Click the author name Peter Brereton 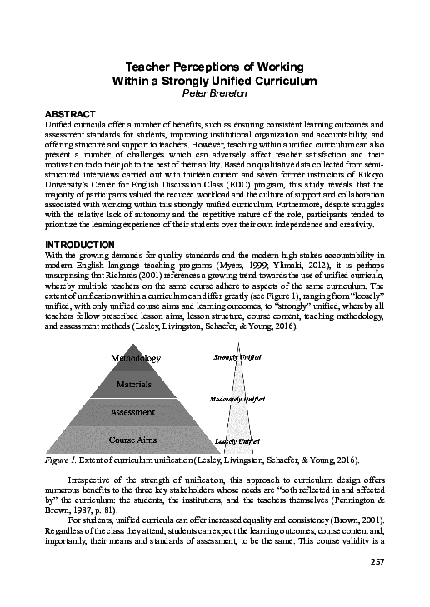tap(216, 94)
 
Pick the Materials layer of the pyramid tap(133, 385)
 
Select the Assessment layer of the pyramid tap(133, 411)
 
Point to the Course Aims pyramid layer tap(133, 438)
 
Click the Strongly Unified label tap(237, 357)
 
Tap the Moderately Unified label tap(237, 399)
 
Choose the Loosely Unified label tap(237, 440)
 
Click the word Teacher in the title tap(147, 66)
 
